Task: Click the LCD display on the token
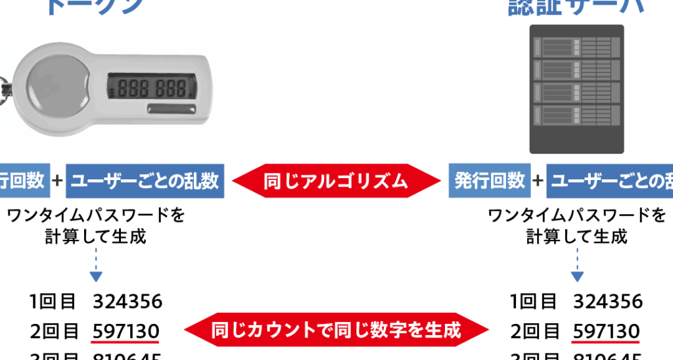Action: [152, 87]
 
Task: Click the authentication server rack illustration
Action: [576, 88]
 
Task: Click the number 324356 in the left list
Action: [128, 302]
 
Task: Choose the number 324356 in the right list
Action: [608, 302]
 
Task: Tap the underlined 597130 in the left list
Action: [126, 330]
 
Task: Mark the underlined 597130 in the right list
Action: [606, 330]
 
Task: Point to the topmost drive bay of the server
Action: [576, 48]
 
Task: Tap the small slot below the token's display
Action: [172, 107]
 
